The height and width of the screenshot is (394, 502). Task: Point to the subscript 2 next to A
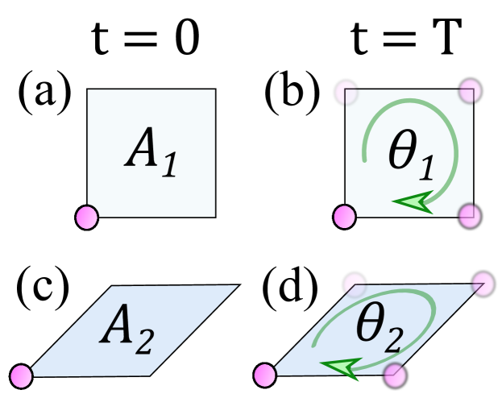point(142,341)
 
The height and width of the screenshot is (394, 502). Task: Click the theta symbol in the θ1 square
point(403,151)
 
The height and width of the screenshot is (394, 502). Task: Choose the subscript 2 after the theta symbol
point(392,341)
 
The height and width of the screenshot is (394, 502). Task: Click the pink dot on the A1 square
point(86,217)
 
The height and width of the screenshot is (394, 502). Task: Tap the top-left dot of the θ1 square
point(346,91)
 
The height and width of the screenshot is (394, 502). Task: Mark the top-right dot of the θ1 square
point(470,91)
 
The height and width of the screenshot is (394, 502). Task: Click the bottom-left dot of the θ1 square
point(344,216)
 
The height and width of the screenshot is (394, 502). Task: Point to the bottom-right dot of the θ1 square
point(469,215)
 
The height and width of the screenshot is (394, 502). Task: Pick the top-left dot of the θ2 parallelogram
point(355,284)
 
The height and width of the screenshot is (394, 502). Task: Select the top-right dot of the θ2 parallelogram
point(483,284)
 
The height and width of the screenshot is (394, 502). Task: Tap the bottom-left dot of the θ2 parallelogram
point(264,375)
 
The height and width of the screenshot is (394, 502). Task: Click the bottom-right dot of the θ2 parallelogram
point(393,374)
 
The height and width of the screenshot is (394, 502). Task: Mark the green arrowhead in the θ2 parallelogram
point(339,368)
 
